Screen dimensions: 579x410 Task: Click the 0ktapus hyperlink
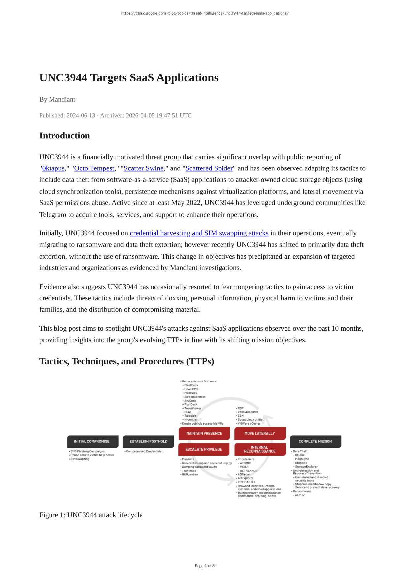53,168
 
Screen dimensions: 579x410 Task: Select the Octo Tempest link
94,168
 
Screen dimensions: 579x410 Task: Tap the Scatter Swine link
144,168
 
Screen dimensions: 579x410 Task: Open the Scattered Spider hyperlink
209,168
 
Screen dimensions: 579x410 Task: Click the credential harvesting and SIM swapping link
199,233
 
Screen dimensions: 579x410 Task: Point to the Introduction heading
65,136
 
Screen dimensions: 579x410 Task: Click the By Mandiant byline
57,100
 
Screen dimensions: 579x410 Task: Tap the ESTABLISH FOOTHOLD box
148,442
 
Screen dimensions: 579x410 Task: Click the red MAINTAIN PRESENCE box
204,433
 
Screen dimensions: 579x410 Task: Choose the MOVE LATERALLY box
259,433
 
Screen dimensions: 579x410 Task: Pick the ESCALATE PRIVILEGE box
204,449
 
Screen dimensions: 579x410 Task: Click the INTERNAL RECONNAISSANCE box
259,449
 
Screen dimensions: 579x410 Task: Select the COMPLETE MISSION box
315,442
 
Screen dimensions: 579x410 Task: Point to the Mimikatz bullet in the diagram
188,459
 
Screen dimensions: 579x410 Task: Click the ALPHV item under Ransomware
300,495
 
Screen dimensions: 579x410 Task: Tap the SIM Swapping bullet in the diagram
80,459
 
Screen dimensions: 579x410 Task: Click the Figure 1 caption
91,515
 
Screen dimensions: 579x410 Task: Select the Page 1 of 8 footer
205,566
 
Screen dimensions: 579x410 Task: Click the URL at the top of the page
205,13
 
